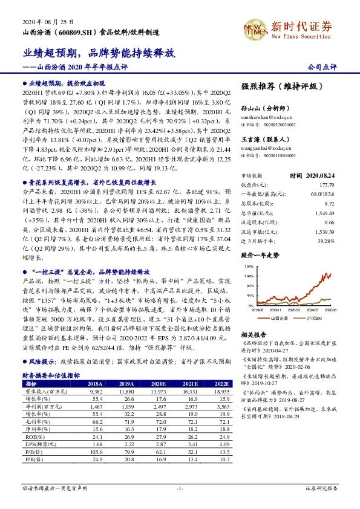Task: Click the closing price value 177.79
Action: click(x=327, y=184)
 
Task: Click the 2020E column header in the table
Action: click(x=159, y=383)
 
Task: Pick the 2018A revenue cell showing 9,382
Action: click(x=95, y=391)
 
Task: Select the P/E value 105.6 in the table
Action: click(x=96, y=452)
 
